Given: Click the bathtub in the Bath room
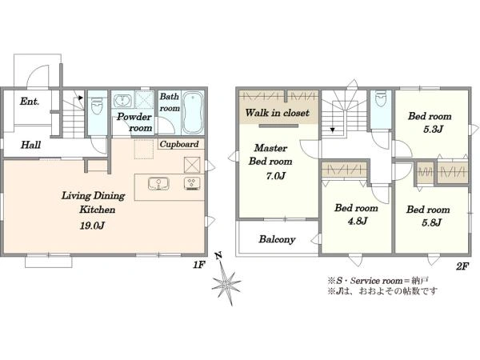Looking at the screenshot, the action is pos(194,113).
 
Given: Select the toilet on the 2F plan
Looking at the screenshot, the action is pos(381,98).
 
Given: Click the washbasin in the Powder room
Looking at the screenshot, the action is pos(122,101).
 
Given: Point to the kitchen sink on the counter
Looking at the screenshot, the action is pos(158,184).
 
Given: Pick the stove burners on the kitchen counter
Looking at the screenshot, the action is pos(193,184).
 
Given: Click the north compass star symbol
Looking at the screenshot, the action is pos(226,282).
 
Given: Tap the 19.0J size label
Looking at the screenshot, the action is pos(93,226).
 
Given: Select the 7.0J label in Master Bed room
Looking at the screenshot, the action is pos(276,176).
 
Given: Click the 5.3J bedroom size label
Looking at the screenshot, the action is pos(433,129).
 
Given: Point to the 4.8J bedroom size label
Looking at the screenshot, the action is pos(358,221).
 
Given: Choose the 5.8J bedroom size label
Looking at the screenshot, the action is pos(431,222).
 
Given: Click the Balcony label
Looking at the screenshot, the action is pos(277,239).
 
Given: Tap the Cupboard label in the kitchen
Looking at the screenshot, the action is pos(179,144).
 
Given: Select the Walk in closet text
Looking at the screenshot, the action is pos(277,113).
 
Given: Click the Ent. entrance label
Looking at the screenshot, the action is pos(30,102).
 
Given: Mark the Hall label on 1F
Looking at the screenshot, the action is pos(30,145).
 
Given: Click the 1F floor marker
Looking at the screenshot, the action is pos(198,265).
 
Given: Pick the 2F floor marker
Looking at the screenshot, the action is pos(462,266).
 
